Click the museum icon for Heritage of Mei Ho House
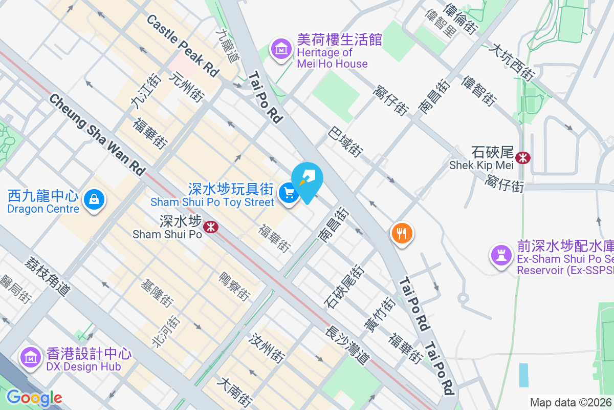point(281,49)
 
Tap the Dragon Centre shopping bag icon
point(95,199)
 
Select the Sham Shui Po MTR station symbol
point(210,226)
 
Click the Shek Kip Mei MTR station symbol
point(523,157)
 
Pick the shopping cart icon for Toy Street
point(289,193)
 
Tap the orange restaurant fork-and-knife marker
point(402,234)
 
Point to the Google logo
point(34,398)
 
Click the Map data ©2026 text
point(571,402)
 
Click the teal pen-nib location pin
point(309,180)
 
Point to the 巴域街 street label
point(346,141)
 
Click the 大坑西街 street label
point(511,63)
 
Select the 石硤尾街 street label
point(343,286)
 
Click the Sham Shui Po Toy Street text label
point(212,202)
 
